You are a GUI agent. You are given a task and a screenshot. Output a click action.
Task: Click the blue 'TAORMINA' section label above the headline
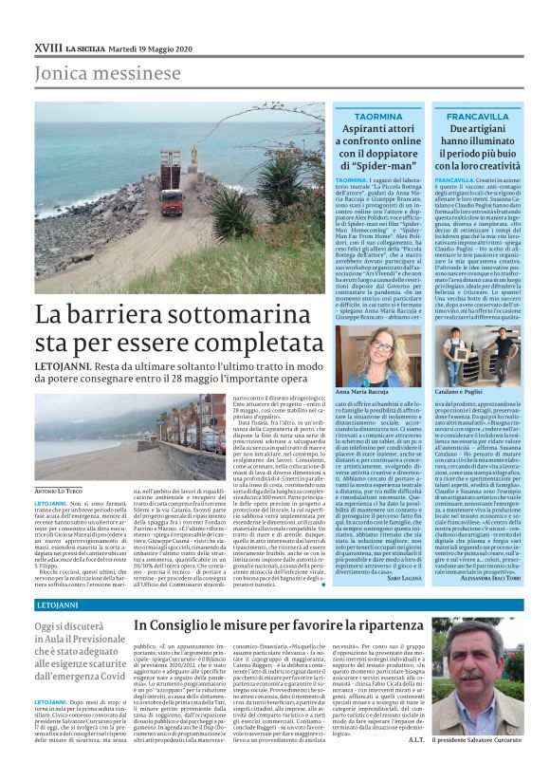click(378, 116)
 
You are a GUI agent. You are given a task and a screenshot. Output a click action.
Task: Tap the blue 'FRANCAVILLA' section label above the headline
click(485, 116)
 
